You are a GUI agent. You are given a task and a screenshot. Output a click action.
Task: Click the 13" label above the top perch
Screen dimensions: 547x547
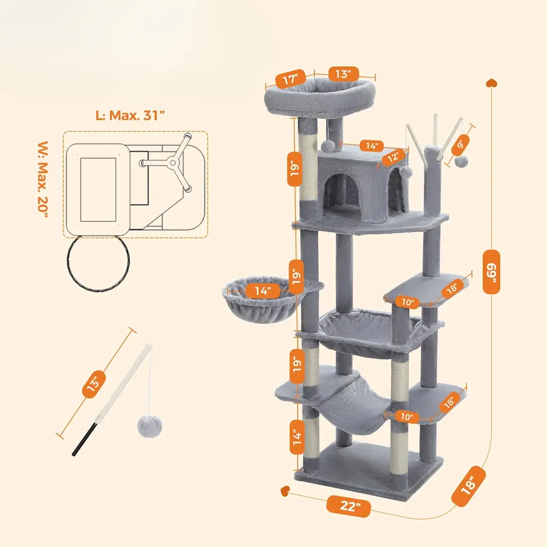344,73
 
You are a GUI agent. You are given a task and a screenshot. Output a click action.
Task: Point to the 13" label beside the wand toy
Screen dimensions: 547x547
94,383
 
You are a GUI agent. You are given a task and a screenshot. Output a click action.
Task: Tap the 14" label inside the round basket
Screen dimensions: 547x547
263,290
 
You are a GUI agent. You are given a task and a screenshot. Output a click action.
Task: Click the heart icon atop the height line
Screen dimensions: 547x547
491,83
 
